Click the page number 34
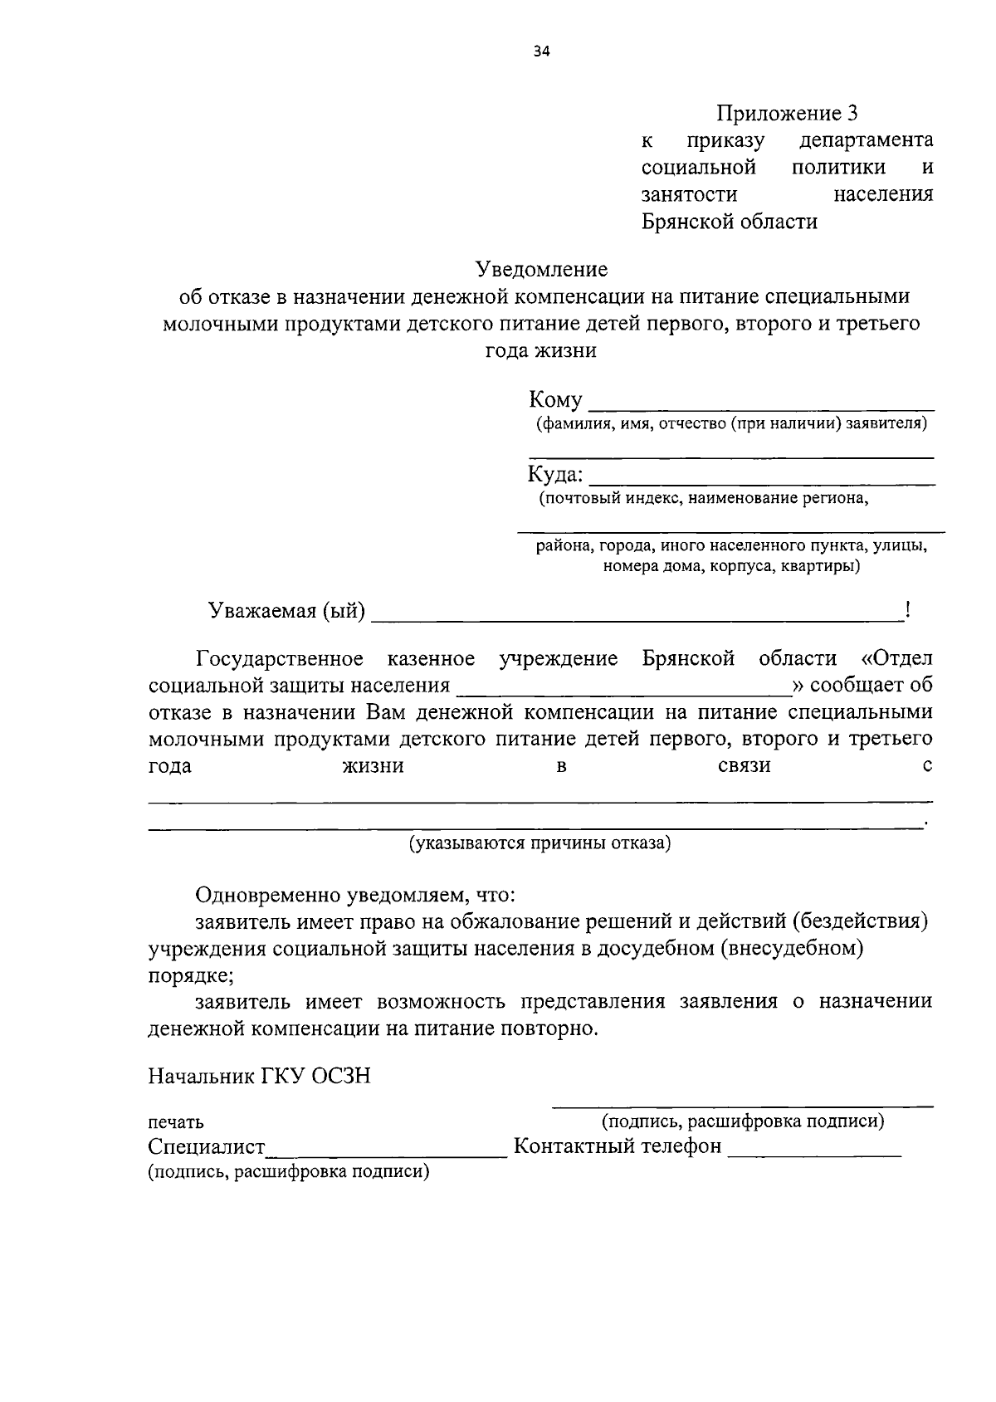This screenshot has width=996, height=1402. pos(541,51)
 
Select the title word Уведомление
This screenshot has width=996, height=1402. pos(541,269)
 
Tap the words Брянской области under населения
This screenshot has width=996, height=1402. pos(729,222)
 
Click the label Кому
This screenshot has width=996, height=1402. pos(555,400)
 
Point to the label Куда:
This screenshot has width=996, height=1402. pos(555,476)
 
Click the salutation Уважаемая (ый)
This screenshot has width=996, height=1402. pos(286,611)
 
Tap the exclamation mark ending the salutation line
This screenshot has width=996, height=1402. pos(908,611)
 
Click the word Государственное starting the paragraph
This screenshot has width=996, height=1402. pos(280,658)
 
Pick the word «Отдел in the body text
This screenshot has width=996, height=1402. pos(897,658)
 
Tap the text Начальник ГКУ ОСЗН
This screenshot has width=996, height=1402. pos(259,1076)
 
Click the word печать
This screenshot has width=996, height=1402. pos(176,1122)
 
